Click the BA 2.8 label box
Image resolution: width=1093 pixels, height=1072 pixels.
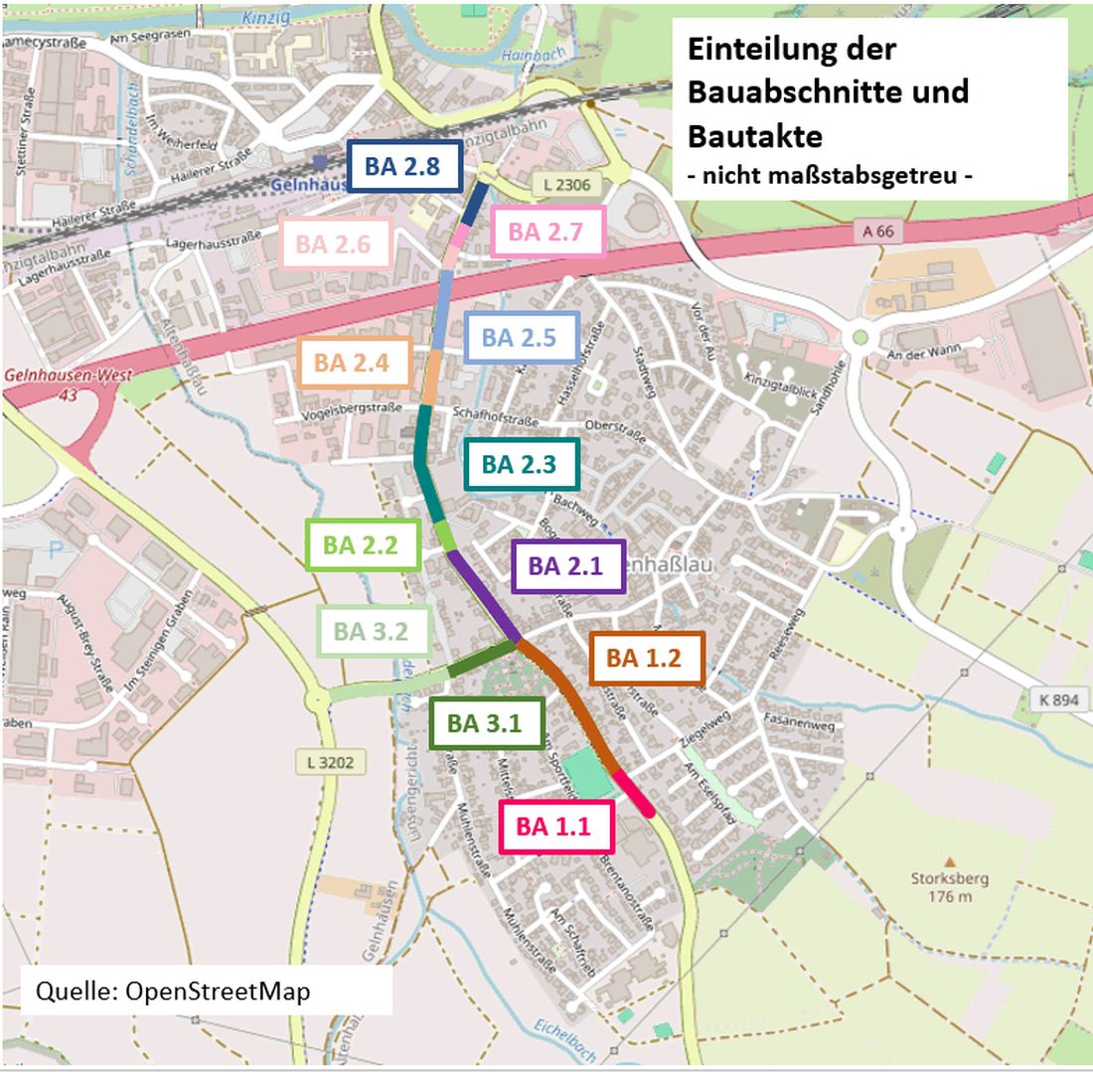coord(403,166)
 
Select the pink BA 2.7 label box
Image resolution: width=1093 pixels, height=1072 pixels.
coord(548,232)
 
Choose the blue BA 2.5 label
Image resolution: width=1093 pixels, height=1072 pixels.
coord(522,337)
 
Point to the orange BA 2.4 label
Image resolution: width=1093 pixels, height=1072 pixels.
coord(354,363)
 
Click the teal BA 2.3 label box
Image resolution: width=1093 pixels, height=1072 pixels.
coord(522,464)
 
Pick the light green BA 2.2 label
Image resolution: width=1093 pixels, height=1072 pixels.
coord(362,544)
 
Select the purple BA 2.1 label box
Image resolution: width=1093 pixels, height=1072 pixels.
coord(567,566)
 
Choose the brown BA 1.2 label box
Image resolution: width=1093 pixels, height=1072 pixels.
coord(647,658)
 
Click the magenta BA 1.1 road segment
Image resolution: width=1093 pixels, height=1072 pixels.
coord(633,794)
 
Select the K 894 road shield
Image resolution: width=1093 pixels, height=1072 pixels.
coord(1057,699)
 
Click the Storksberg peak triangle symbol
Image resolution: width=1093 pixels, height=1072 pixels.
coord(949,861)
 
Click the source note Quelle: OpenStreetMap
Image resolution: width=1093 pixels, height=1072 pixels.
coord(173,991)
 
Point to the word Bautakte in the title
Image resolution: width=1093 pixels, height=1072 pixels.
coord(755,134)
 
